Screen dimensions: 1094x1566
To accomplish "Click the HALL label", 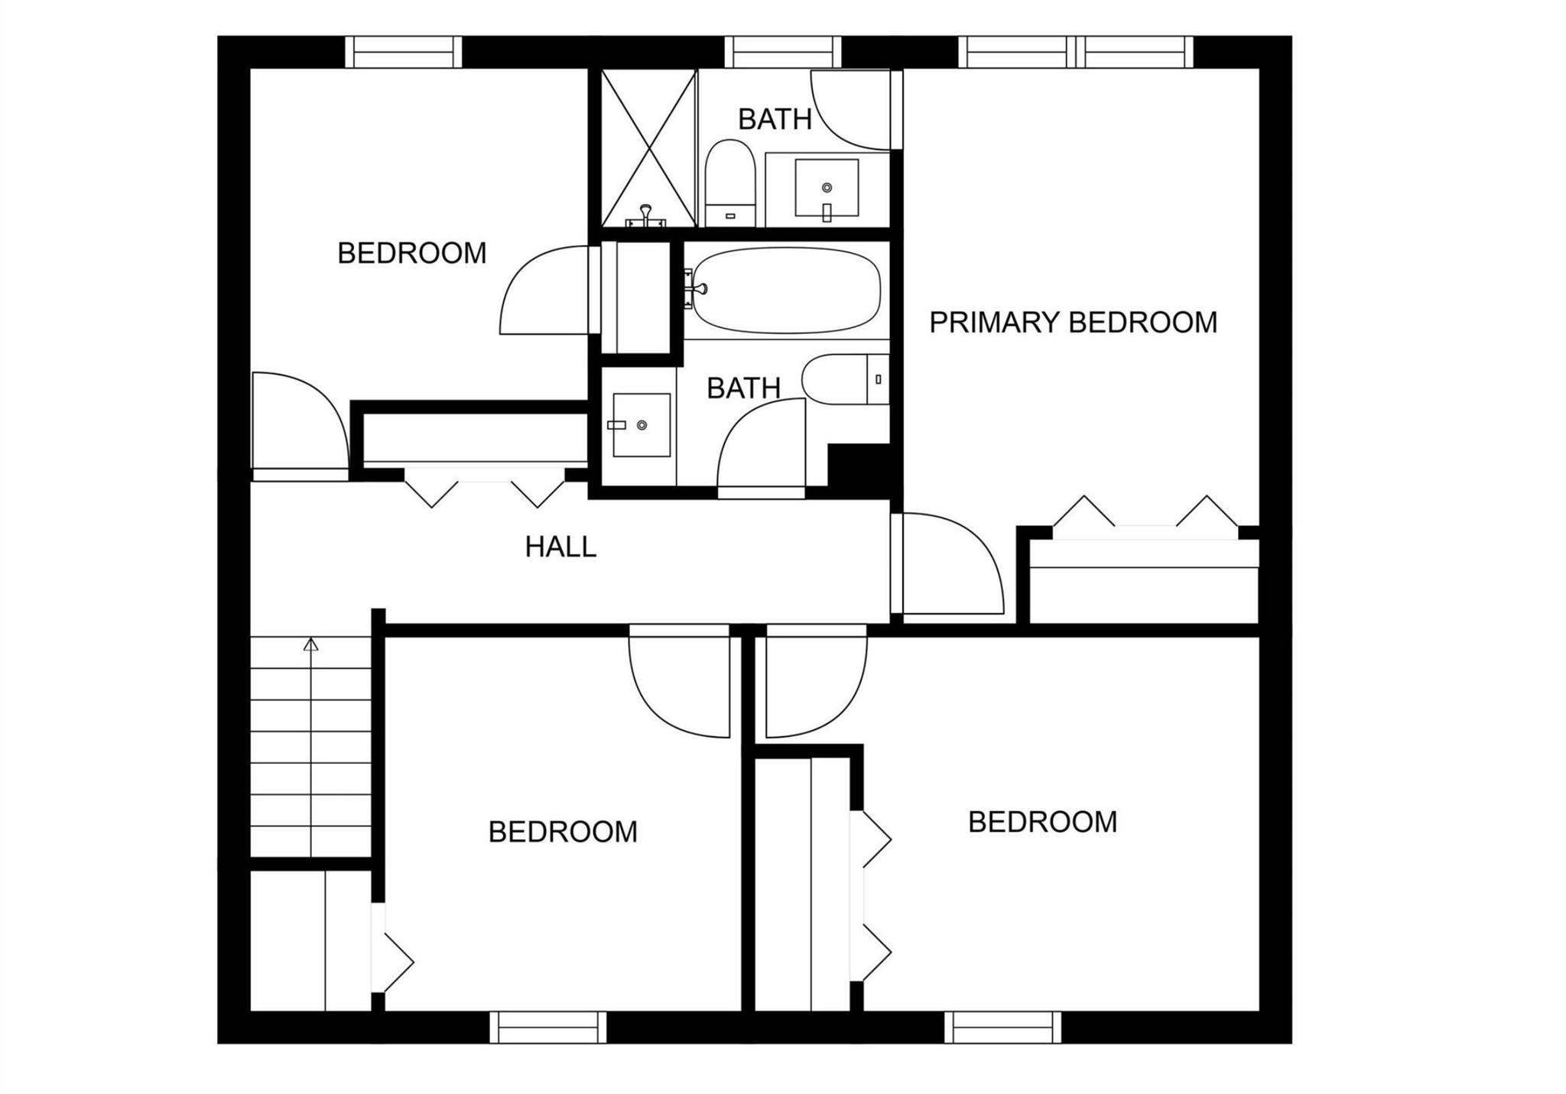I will pos(560,547).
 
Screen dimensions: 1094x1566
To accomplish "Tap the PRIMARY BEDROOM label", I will pos(1073,323).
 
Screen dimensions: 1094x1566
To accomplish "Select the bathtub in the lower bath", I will pos(786,291).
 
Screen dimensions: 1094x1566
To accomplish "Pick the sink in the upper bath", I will pos(827,188).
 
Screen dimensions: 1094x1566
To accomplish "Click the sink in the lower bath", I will pos(642,425).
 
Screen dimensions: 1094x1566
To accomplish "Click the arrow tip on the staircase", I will pos(310,644).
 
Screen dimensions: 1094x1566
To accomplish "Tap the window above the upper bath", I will pos(783,52).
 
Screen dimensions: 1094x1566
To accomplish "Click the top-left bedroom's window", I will pos(404,52).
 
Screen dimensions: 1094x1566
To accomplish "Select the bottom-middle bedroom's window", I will pos(547,1027).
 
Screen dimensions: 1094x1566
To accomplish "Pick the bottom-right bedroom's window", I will pos(1002,1027).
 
